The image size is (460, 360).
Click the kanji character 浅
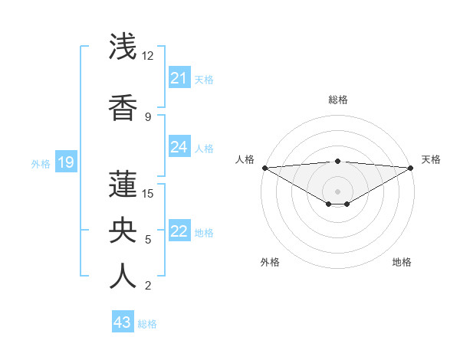click(x=123, y=47)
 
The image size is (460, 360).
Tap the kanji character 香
click(x=123, y=106)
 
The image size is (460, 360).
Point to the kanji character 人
click(x=123, y=275)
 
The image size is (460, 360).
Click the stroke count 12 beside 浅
click(x=147, y=56)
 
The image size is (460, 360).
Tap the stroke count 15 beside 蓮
click(x=149, y=193)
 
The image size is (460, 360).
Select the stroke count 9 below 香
click(x=148, y=116)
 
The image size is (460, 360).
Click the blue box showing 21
click(x=179, y=78)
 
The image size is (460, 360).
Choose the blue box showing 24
click(x=179, y=147)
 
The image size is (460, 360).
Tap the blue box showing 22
click(x=179, y=232)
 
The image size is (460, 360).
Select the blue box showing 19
click(x=65, y=162)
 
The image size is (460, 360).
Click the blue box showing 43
click(x=123, y=322)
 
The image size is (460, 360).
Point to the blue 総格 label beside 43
click(x=147, y=324)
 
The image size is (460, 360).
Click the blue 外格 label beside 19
click(x=40, y=163)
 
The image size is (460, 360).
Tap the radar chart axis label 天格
click(x=431, y=159)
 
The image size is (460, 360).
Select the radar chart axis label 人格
click(x=245, y=159)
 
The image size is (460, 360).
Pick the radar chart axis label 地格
click(x=402, y=262)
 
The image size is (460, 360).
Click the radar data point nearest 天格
click(x=411, y=167)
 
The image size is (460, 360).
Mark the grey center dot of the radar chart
click(x=337, y=190)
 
